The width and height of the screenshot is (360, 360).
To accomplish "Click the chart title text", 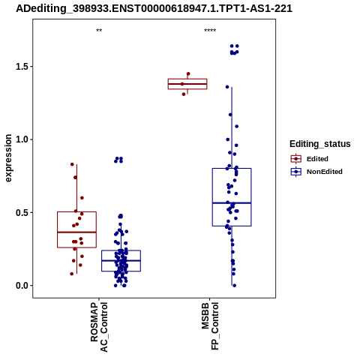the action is coord(154,9).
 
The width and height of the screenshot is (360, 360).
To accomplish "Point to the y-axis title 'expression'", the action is coord(8,158).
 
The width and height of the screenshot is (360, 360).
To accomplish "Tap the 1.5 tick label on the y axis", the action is coord(21,67).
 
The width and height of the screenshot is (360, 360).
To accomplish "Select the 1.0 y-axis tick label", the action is coord(21,139).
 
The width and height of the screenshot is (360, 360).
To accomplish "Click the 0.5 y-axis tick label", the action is coord(21,212).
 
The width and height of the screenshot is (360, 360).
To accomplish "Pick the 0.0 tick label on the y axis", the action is coord(21,286).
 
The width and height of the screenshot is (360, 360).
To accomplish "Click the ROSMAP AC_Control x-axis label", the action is coord(99,327).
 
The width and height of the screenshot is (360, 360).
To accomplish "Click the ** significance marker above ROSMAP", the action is coord(99,31).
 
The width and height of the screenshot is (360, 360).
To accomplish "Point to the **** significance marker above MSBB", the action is coord(210,31).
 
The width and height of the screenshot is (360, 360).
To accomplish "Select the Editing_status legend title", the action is coord(320,144).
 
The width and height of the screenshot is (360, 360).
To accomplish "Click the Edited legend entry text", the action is coord(317,159).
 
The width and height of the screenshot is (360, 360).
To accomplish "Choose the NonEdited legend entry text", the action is coord(325,172).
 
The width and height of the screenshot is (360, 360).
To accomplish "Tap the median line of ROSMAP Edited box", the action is coord(76,232).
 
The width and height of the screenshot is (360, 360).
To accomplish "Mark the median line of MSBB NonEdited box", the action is coord(232,203).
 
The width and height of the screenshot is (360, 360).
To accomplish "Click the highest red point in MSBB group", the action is coord(188,73).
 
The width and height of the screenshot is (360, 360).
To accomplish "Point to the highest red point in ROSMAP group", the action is coord(72,164).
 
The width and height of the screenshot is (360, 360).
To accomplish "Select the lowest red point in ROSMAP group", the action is coord(72,274).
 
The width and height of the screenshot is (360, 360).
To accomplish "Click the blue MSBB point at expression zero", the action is coord(234,286).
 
